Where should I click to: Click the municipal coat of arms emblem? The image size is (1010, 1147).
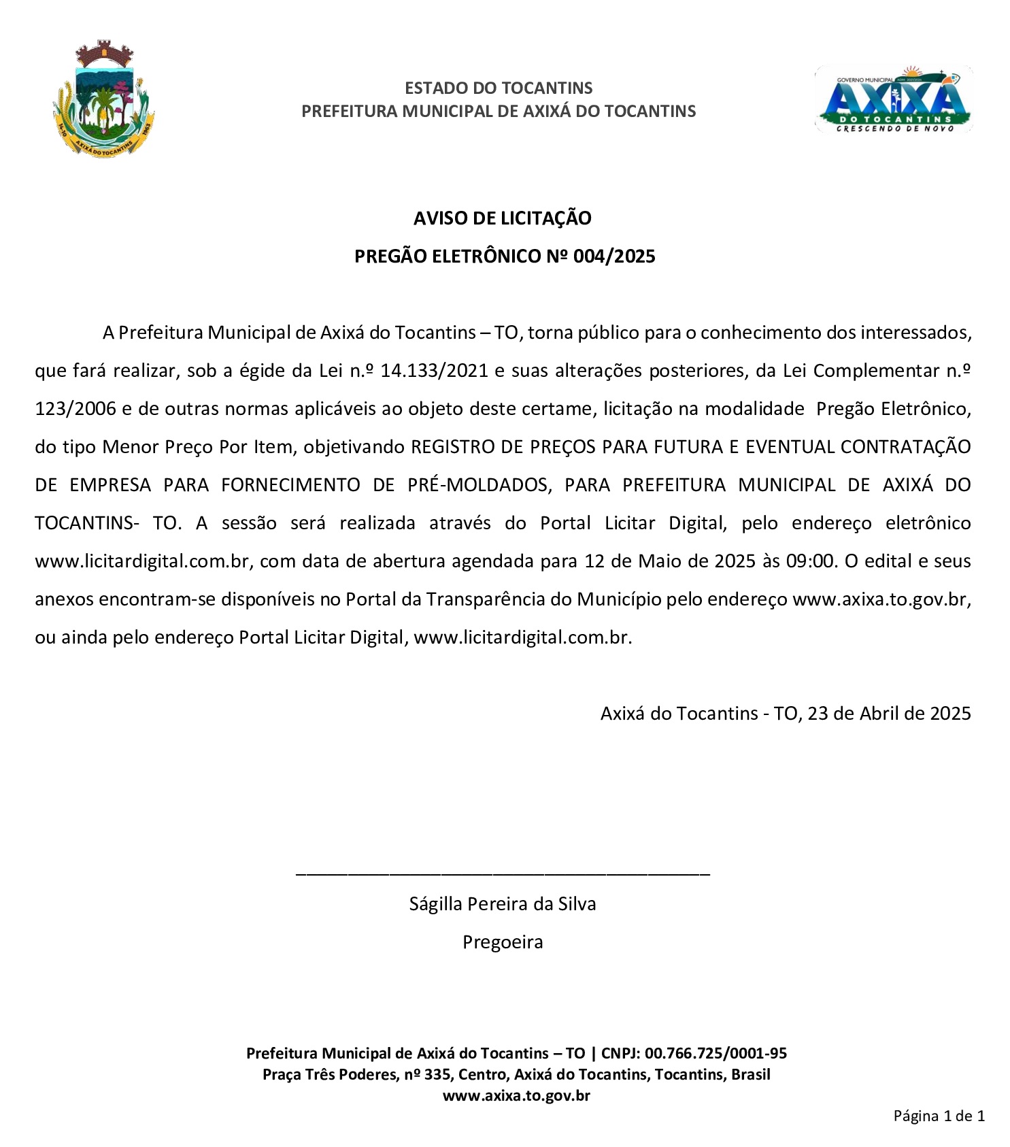103,99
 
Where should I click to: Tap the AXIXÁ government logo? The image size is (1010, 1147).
894,99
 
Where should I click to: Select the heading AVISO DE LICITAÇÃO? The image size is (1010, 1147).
503,218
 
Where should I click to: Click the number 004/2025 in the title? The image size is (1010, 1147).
614,256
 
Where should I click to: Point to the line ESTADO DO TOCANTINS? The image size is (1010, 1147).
499,88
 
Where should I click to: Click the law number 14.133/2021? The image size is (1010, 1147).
434,371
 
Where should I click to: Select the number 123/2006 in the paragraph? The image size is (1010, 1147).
75,409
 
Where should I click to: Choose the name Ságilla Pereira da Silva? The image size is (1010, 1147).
503,904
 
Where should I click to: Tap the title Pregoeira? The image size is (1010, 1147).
503,942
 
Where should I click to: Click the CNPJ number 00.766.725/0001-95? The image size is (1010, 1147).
716,1054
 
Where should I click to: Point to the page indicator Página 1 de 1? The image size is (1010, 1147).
939,1116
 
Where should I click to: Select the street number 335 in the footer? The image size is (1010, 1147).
438,1075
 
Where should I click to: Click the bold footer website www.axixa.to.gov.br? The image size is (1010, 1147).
516,1096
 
